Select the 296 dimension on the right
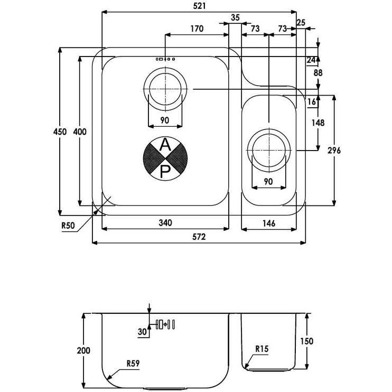coord(334,151)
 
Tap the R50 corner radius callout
coord(68,225)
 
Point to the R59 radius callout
coord(134,363)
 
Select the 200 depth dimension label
coord(83,350)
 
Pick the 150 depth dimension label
coord(306,341)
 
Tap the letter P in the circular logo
coord(165,170)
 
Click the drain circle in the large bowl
coord(165,90)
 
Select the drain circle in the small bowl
coord(269,147)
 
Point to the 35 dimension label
coord(235,17)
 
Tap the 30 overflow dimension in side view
coord(142,332)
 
